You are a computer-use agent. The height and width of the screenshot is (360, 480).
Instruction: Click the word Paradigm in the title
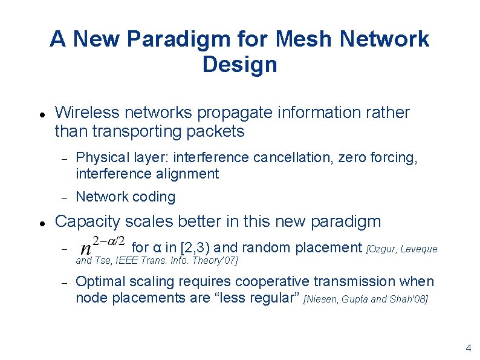point(180,39)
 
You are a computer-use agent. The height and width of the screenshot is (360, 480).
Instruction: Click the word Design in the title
point(240,64)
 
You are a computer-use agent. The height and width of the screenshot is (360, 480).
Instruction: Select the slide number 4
point(468,348)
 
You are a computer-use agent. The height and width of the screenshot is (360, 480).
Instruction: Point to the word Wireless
point(88,113)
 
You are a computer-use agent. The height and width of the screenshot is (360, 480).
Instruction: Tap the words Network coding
point(125,197)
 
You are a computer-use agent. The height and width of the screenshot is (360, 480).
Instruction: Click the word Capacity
point(85,221)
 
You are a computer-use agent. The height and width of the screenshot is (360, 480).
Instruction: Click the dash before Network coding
point(63,198)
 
